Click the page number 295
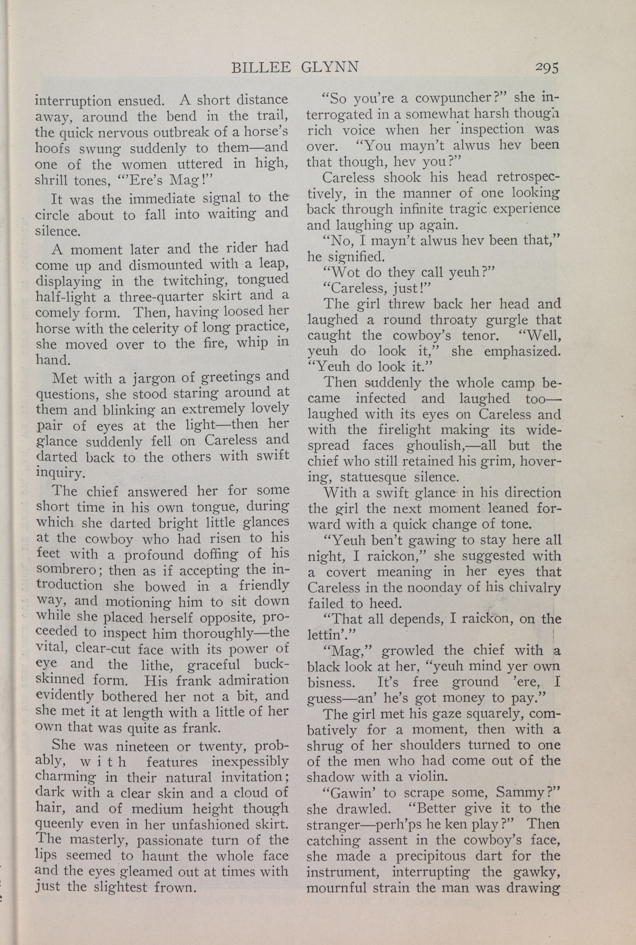547,67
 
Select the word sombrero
61,569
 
